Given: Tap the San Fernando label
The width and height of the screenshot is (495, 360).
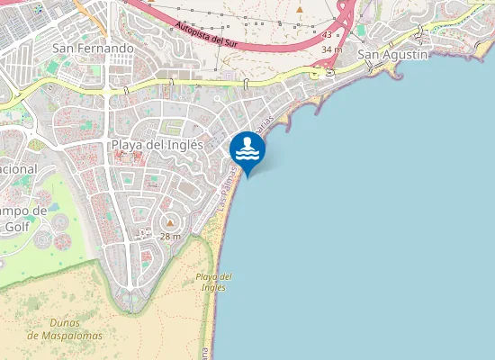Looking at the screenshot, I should pyautogui.click(x=93, y=47).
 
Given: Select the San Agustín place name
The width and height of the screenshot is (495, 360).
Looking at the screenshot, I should pyautogui.click(x=393, y=54).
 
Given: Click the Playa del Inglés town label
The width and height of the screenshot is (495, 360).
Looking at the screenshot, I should pyautogui.click(x=157, y=144).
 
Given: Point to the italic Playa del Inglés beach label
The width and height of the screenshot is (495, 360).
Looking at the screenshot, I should pyautogui.click(x=213, y=281).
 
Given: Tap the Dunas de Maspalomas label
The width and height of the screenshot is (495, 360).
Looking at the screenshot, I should pyautogui.click(x=65, y=329).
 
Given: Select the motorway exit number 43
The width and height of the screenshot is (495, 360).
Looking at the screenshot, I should pyautogui.click(x=326, y=34).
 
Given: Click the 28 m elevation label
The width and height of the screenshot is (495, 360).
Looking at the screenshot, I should pyautogui.click(x=170, y=236).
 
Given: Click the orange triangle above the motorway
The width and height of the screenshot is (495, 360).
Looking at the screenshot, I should pyautogui.click(x=300, y=11).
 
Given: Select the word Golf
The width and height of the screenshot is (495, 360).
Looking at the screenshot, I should pyautogui.click(x=16, y=227).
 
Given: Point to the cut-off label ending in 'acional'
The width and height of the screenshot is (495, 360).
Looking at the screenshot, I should pyautogui.click(x=18, y=168).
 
